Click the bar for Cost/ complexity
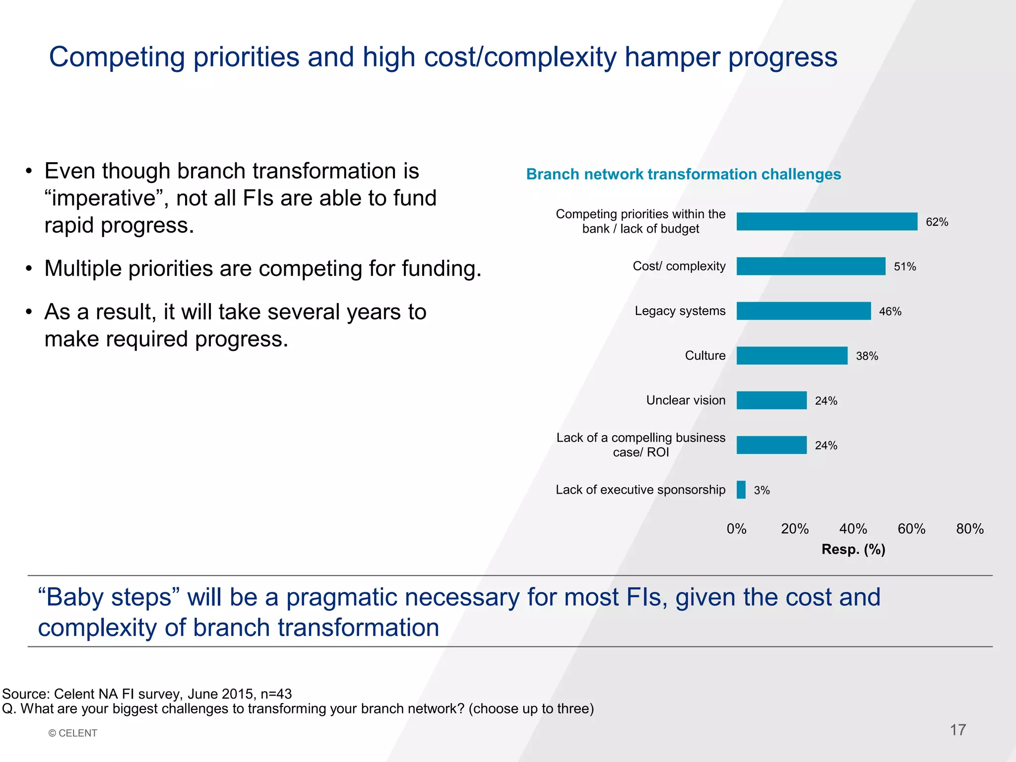tap(811, 266)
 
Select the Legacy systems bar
tap(804, 311)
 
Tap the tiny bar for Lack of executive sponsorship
tap(741, 490)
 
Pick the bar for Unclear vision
tap(771, 400)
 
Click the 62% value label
tap(937, 222)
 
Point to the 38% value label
tap(867, 356)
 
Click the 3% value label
tap(762, 491)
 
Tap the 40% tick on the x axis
tap(853, 529)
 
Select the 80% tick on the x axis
tap(969, 529)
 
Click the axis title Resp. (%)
tap(853, 549)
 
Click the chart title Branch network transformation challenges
tap(683, 174)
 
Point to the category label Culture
tap(705, 356)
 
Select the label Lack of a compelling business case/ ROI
tap(640, 445)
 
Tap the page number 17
tap(957, 730)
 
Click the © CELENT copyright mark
tap(73, 733)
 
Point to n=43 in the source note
tap(276, 694)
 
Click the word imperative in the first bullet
tap(103, 198)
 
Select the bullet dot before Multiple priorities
tap(29, 269)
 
